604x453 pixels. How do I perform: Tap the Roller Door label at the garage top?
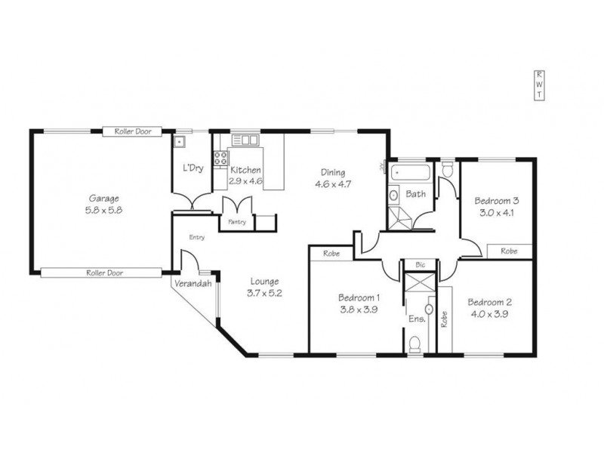(133, 131)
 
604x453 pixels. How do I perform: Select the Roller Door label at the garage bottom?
(105, 273)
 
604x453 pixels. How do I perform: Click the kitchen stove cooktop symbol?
(222, 159)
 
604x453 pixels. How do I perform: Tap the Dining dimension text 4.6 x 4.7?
(333, 183)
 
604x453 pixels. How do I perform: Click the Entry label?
(197, 237)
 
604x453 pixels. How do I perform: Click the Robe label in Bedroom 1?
(330, 254)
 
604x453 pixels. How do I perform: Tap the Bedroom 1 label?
(359, 297)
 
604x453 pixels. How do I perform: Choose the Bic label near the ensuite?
(421, 265)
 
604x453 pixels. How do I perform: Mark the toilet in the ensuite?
(414, 345)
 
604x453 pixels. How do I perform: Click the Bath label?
(415, 194)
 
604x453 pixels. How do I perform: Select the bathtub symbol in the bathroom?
(411, 172)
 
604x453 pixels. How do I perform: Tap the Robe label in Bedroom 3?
(509, 251)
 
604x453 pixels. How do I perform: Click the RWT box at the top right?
(539, 85)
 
